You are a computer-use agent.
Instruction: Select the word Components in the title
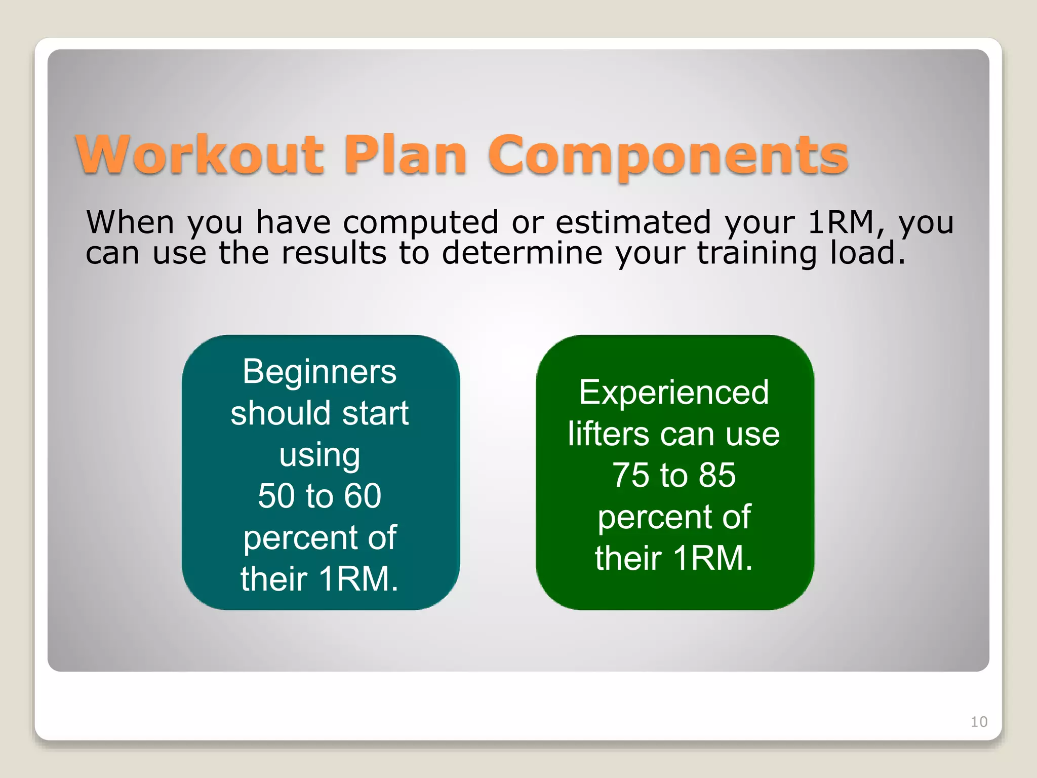pyautogui.click(x=668, y=156)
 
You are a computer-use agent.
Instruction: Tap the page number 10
pyautogui.click(x=979, y=722)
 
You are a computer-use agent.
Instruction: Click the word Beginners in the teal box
pyautogui.click(x=320, y=372)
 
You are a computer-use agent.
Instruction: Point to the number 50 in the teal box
pyautogui.click(x=276, y=496)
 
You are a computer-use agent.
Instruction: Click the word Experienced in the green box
pyautogui.click(x=674, y=393)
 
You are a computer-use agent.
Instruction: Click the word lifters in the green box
pyautogui.click(x=608, y=434)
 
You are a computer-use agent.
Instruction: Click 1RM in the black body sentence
pyautogui.click(x=841, y=222)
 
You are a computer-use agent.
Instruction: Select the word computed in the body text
pyautogui.click(x=421, y=223)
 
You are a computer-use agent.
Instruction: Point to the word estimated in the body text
pyautogui.click(x=633, y=222)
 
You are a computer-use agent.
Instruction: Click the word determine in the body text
pyautogui.click(x=522, y=253)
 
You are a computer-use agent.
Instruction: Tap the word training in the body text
pyautogui.click(x=756, y=254)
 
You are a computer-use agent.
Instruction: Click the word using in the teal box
pyautogui.click(x=320, y=455)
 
